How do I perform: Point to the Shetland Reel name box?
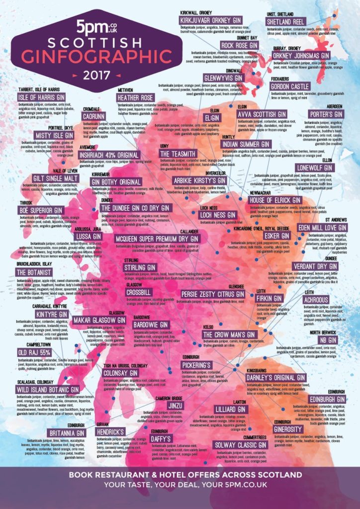(285, 22)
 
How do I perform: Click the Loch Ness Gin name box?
(217, 215)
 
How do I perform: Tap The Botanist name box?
(33, 272)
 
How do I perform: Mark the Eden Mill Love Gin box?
(321, 227)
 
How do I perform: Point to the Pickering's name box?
(198, 365)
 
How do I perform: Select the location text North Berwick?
(324, 332)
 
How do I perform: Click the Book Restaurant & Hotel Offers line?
(180, 475)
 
